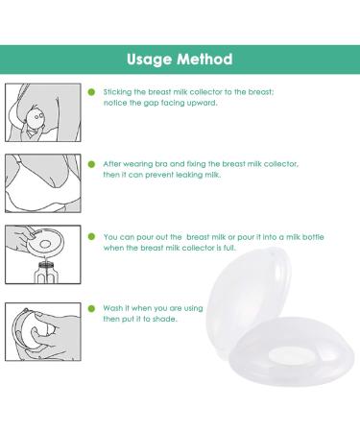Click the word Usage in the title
pos(150,59)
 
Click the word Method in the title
pos(205,59)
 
